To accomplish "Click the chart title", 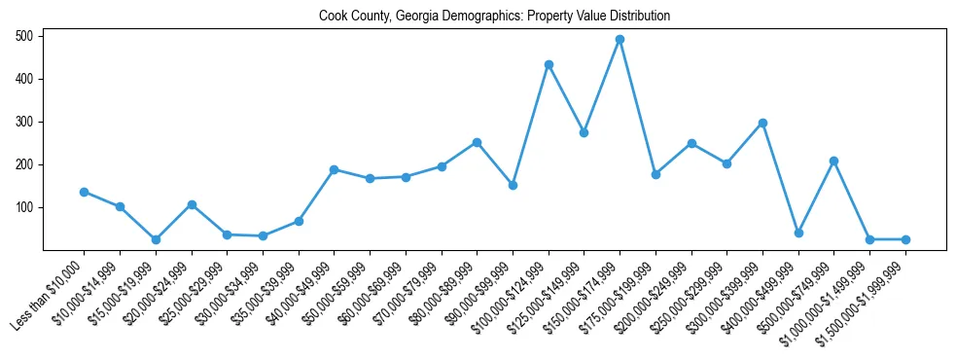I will pos(494,17).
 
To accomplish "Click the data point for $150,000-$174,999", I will pos(620,40).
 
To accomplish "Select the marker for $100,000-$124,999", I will pos(549,64).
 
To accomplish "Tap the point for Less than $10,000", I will pos(84,192).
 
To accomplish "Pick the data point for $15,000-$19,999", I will pos(156,239).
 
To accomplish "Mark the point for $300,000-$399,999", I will pos(762,123).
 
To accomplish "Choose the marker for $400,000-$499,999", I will pos(798,233).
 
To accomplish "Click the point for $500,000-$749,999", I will pos(833,161).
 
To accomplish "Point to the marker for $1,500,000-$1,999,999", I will pos(905,239).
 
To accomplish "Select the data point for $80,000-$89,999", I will pos(477,142).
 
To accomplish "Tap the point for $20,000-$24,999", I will pos(192,204).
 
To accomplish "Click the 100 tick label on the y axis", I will pos(25,207).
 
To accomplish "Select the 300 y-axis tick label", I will pos(25,122).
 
